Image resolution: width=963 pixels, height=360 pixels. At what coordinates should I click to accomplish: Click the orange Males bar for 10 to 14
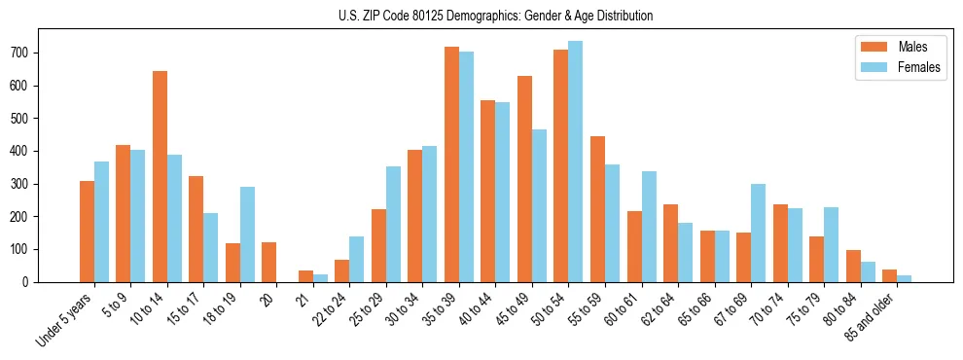160,176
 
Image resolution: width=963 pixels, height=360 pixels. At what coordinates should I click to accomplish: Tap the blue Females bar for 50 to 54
576,162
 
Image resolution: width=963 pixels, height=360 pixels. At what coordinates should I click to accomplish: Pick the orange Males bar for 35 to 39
451,164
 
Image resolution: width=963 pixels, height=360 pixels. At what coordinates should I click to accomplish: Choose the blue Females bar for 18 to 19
247,234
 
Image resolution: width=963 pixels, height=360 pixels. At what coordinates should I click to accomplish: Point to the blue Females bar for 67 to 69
758,233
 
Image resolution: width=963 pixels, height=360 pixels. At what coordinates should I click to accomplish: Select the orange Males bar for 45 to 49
524,179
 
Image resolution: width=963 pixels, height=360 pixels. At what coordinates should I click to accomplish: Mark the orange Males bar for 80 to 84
853,266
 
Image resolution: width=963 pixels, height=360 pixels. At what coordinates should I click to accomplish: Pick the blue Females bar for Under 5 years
101,222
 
